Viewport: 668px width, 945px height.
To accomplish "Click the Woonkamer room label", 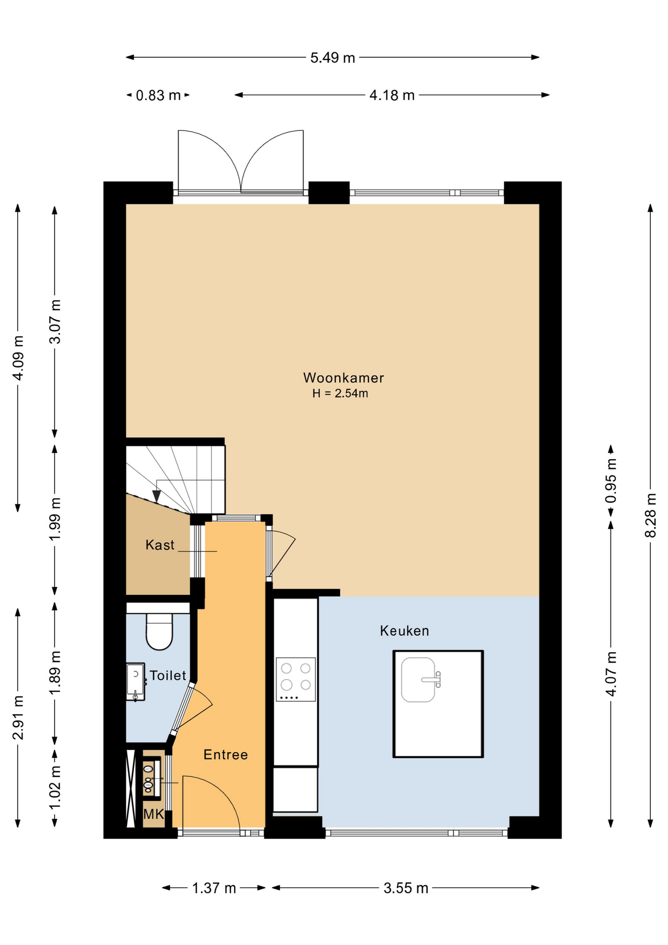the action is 343,378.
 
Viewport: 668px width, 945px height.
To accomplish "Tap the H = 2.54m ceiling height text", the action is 340,393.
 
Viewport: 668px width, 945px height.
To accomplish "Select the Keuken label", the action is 404,630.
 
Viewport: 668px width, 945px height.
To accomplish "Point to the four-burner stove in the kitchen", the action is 296,679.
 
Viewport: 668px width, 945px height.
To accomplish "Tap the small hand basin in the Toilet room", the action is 136,682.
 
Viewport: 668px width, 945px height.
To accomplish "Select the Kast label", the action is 160,545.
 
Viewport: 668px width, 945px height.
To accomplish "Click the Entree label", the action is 226,755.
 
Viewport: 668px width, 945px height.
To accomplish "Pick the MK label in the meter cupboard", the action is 153,815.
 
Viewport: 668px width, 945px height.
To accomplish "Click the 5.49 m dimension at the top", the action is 333,58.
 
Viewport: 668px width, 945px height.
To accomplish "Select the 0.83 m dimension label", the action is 158,95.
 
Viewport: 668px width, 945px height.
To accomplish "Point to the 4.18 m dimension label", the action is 392,95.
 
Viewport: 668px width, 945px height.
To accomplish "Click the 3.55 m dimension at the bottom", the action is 406,888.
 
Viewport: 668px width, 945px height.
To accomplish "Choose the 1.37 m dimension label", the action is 214,888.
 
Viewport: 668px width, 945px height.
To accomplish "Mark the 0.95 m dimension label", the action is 611,481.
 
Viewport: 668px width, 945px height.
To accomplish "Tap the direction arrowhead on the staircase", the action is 156,496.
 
